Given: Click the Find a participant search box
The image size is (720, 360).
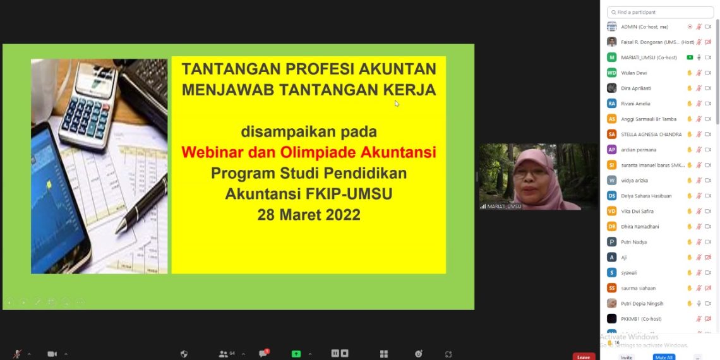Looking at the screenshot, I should point(660,12).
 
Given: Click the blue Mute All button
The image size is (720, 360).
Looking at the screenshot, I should point(663,357).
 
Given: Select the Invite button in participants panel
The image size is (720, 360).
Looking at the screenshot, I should point(626,357).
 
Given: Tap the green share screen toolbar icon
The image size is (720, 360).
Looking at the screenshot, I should point(296,354).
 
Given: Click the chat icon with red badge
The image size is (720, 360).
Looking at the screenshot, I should point(263,354).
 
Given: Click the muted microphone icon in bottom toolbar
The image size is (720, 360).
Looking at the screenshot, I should point(17,354).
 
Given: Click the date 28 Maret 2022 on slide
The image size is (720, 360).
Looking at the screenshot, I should point(309,215).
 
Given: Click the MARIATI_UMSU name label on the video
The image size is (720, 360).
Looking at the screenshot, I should point(504,207).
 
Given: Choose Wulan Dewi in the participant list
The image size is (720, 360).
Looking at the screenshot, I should point(633,73).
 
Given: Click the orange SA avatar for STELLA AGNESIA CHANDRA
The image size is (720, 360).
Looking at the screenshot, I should point(611,134).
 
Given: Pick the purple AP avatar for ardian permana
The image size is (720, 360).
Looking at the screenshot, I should point(611,150).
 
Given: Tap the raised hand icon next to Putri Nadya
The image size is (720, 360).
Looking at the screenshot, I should point(690,242).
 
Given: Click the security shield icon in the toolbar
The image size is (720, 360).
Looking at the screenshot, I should point(184,354).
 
